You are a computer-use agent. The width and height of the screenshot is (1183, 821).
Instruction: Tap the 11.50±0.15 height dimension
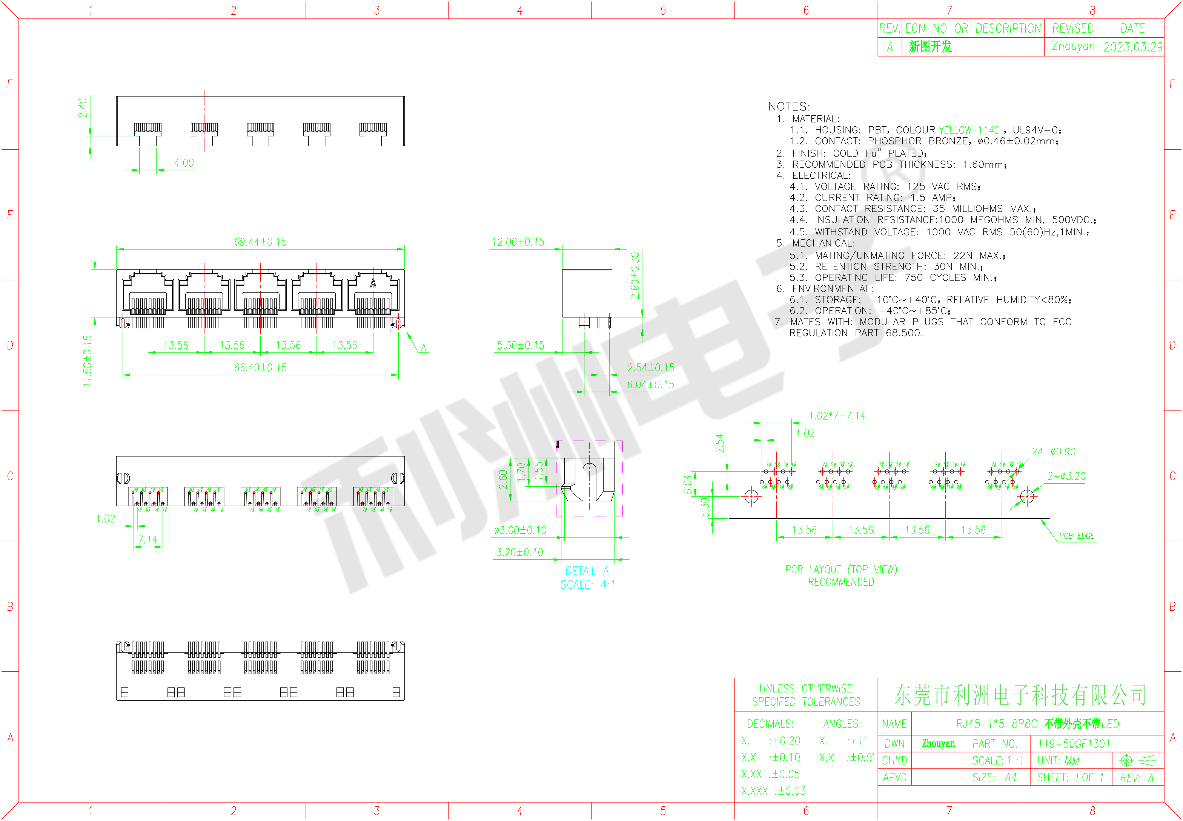(x=88, y=361)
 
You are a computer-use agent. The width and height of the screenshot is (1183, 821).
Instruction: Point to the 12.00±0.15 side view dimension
(x=518, y=242)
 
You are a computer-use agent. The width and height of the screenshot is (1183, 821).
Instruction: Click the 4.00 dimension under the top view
(x=184, y=163)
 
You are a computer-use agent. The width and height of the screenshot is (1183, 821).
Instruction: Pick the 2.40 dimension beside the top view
(x=82, y=108)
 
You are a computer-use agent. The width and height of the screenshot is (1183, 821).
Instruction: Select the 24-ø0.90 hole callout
(x=1053, y=452)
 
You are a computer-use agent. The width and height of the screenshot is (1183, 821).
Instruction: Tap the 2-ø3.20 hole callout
(x=1066, y=476)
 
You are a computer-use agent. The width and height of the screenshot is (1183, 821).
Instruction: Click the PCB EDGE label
(x=1077, y=536)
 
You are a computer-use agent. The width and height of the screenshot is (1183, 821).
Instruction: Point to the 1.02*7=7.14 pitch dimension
(x=837, y=416)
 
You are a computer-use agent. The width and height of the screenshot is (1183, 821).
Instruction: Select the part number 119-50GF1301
(x=1073, y=744)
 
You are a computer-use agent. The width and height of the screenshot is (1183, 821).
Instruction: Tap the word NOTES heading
(x=789, y=106)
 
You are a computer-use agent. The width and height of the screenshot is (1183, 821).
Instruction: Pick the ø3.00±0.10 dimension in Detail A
(x=520, y=530)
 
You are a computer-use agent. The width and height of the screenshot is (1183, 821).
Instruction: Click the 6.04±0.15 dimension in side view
(x=650, y=385)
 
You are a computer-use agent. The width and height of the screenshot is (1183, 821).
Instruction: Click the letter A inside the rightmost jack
(x=373, y=283)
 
